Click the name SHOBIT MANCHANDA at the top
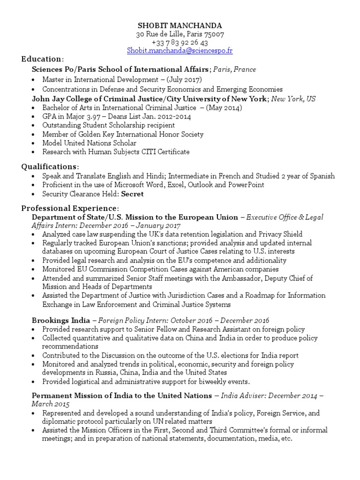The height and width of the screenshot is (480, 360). click(x=180, y=25)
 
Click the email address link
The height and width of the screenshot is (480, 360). click(x=180, y=51)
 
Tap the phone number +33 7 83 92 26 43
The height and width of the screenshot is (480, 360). click(x=180, y=42)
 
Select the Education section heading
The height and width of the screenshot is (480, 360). click(x=41, y=59)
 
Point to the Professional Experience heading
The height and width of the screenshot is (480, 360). click(x=70, y=208)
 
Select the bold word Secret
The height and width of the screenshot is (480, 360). click(x=133, y=194)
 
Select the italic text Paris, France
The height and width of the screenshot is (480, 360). click(x=235, y=69)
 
